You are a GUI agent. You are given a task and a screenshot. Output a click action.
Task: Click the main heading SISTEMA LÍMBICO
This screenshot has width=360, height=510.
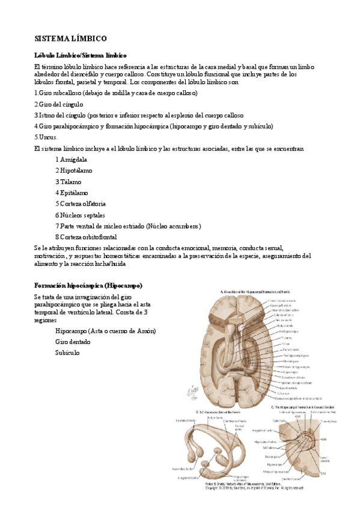[70, 38]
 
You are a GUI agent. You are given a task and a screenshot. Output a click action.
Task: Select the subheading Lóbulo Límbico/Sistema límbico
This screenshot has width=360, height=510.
[80, 55]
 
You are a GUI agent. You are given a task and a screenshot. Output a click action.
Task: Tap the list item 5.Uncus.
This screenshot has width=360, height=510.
[46, 137]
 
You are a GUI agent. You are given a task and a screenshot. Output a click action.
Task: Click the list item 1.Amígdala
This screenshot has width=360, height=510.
[71, 159]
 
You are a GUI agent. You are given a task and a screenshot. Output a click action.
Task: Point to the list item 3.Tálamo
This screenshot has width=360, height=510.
[68, 182]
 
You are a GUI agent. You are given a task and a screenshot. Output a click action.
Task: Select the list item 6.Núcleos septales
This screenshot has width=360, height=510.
[80, 215]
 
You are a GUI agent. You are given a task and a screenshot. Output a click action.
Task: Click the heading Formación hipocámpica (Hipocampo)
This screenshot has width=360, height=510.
[88, 284]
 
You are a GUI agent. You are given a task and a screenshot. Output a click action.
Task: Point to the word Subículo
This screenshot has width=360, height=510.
[67, 352]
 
